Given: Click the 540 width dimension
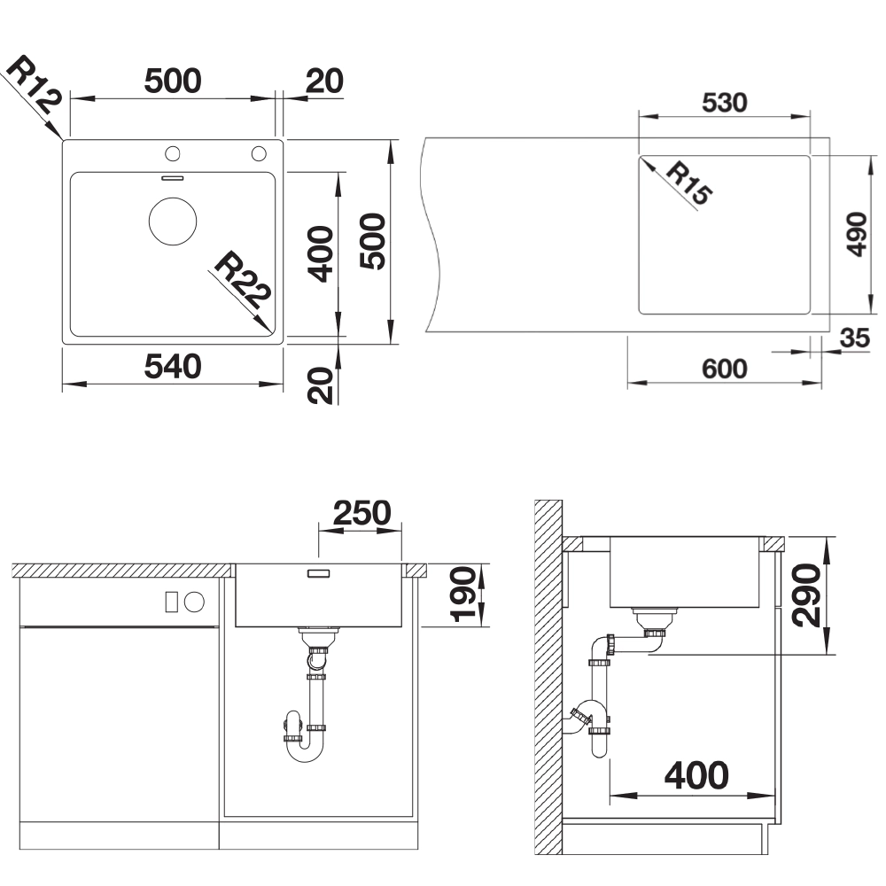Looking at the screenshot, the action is [173, 366].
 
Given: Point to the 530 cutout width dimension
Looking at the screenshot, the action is [725, 102].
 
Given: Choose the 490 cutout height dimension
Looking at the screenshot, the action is [857, 234].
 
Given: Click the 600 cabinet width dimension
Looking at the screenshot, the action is [725, 369].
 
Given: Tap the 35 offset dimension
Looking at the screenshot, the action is [854, 338].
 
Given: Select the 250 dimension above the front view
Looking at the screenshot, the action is [361, 513].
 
